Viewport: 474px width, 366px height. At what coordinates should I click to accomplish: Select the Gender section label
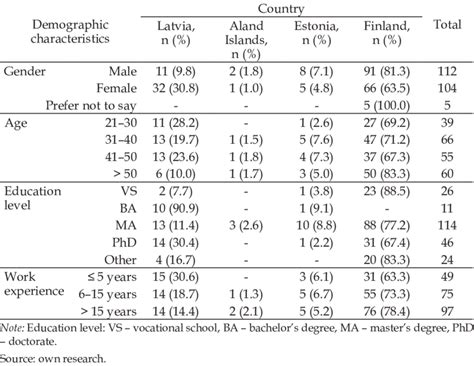pyautogui.click(x=24, y=73)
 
